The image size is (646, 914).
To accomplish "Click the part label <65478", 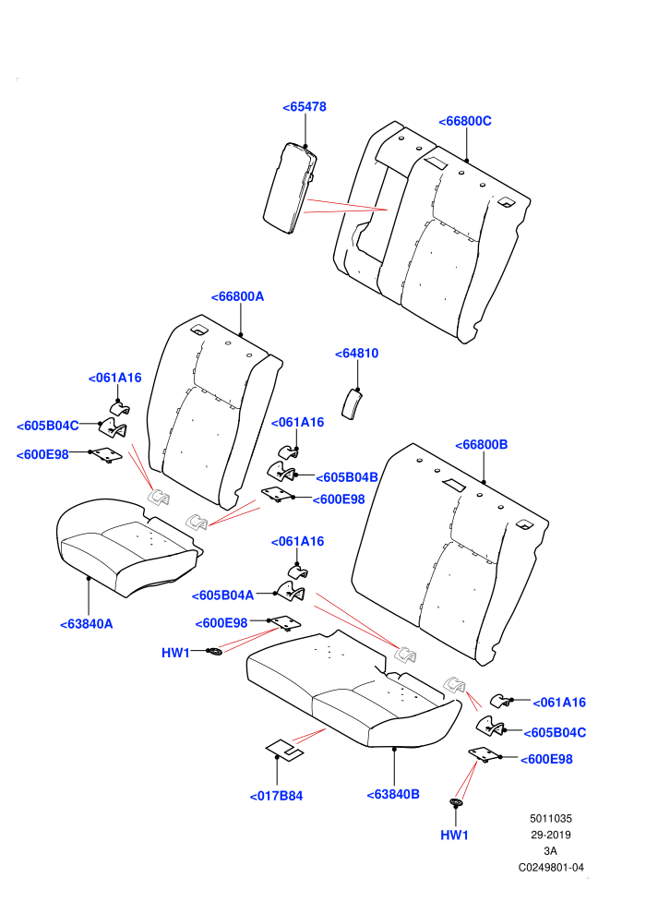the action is [x=304, y=107].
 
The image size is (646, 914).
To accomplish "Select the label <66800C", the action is [x=464, y=121].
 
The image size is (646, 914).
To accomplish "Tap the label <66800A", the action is [x=237, y=296].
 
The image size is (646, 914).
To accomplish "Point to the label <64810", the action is [x=356, y=354].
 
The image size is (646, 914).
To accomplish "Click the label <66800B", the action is [x=481, y=445].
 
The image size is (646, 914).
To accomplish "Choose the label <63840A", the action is [x=86, y=624].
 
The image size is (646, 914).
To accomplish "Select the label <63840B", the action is [x=393, y=795].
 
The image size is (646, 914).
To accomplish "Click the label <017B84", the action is [x=276, y=796].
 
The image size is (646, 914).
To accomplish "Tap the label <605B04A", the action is [x=222, y=595].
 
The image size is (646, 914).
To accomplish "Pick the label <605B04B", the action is [x=347, y=477].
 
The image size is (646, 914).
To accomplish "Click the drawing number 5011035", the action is [x=550, y=818].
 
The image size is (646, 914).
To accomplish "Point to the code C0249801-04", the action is [x=551, y=867].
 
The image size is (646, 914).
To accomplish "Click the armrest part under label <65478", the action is [x=290, y=188].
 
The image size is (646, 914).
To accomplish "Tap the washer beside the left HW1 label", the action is [x=215, y=651].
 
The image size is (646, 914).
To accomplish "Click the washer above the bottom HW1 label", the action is [x=456, y=802].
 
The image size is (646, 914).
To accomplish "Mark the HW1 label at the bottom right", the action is [x=454, y=836].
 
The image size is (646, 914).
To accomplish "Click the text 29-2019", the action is [x=550, y=835].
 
